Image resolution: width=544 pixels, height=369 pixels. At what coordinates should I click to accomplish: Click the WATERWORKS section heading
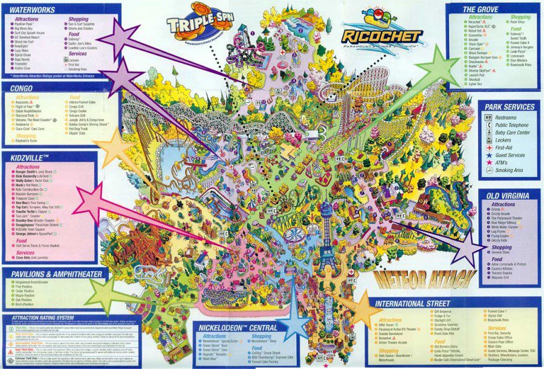coord(33,10)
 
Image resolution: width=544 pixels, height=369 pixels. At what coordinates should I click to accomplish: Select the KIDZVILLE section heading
coord(30,156)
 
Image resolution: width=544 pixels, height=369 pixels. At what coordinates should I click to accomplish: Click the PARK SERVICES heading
coord(510,107)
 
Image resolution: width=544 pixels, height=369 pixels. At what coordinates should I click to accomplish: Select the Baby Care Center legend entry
coord(513,133)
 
